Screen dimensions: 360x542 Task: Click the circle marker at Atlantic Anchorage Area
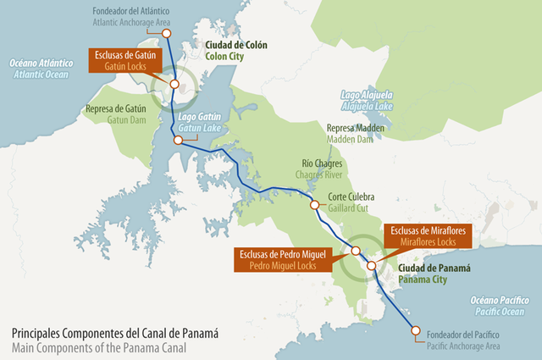tap(166, 33)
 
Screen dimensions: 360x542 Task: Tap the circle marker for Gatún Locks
tap(174, 84)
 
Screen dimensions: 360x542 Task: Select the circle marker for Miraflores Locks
tap(371, 266)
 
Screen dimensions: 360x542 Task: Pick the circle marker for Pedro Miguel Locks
tap(356, 251)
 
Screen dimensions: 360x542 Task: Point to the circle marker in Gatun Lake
tap(178, 141)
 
